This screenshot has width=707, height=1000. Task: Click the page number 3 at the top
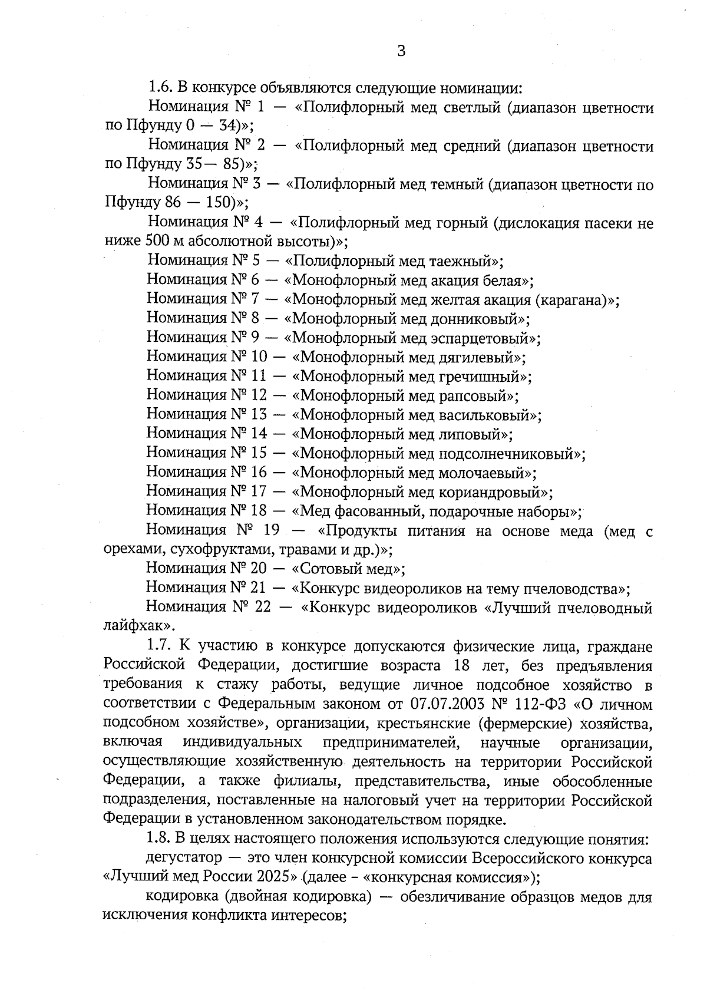(x=401, y=51)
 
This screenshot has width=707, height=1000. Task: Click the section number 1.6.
(x=158, y=88)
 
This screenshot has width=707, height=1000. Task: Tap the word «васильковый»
(x=487, y=415)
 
